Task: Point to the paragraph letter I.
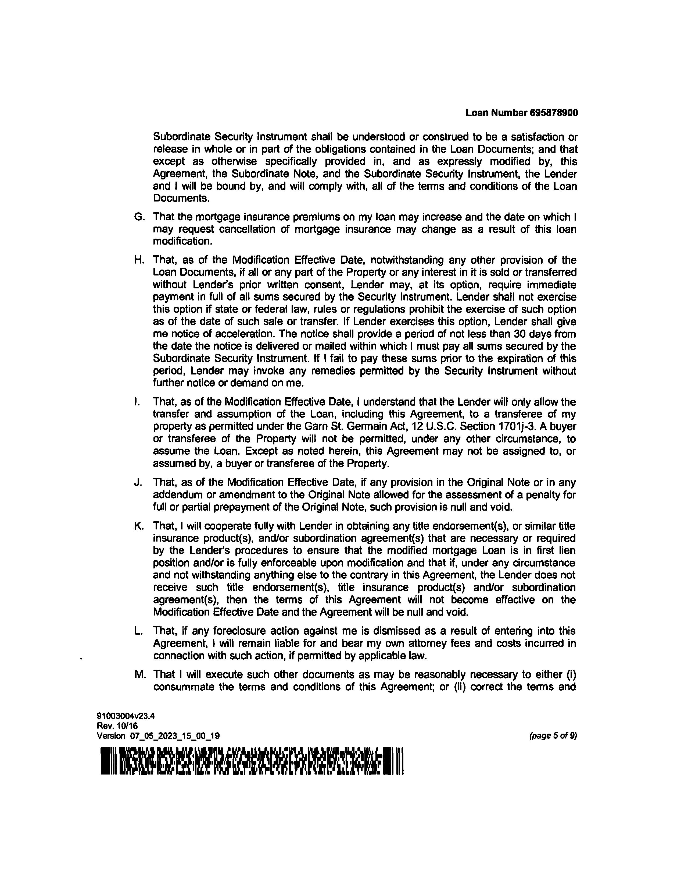click(137, 402)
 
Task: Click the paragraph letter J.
click(138, 483)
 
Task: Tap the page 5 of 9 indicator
click(553, 736)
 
